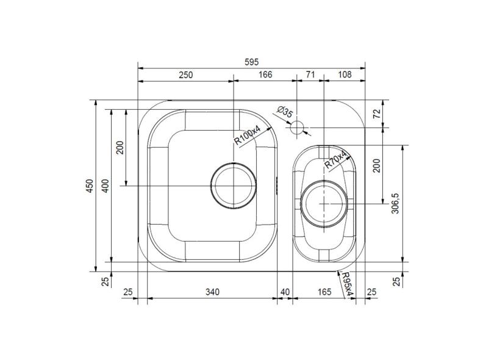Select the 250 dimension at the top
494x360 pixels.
(185, 75)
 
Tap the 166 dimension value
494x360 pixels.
(264, 75)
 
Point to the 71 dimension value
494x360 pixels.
(310, 75)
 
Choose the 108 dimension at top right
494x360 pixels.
(344, 75)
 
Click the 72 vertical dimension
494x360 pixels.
(376, 113)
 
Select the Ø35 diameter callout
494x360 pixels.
(285, 112)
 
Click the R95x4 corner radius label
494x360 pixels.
(347, 285)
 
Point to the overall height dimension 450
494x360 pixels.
(90, 185)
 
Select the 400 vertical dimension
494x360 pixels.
(105, 186)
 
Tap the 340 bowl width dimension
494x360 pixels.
(212, 292)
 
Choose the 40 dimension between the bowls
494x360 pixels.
(285, 292)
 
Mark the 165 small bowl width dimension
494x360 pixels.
(324, 292)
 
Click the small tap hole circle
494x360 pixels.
(297, 128)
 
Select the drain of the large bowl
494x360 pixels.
(232, 185)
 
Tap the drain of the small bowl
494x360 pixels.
(323, 204)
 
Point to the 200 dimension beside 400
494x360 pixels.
(120, 148)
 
